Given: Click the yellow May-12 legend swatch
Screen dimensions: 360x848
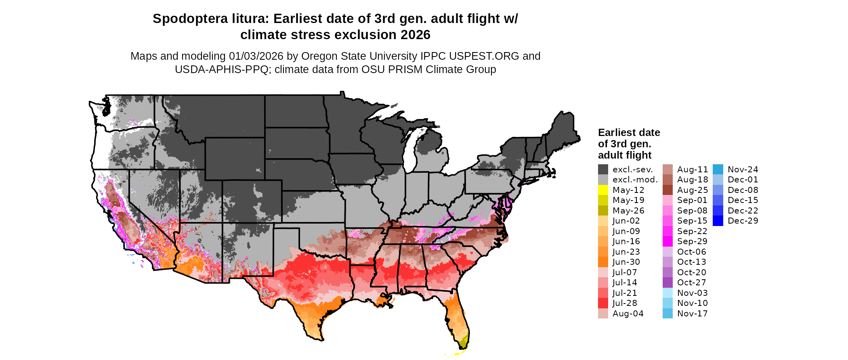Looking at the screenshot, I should tap(603, 190).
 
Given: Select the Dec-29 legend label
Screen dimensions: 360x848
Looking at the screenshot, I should tap(743, 221).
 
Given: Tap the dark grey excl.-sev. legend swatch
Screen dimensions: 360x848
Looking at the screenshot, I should tap(603, 170).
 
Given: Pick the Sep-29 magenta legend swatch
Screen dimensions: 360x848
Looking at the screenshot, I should tap(667, 241).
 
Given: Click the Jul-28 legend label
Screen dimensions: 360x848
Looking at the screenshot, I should tap(625, 303).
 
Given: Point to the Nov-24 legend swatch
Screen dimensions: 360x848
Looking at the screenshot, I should tap(718, 170).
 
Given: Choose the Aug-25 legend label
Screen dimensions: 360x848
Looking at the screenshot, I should tap(693, 190).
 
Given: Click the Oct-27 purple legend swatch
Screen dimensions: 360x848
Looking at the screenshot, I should tap(667, 283).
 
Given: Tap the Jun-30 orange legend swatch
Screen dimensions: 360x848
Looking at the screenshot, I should tap(603, 262).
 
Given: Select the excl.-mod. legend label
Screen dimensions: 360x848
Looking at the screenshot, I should tap(635, 180).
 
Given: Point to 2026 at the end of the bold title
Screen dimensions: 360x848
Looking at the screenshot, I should tap(416, 35).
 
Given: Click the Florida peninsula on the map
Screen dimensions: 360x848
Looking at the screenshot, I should tap(460, 319).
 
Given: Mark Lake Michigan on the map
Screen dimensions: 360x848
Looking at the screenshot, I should tap(412, 149).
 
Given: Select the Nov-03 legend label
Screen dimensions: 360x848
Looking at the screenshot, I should tap(693, 293).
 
